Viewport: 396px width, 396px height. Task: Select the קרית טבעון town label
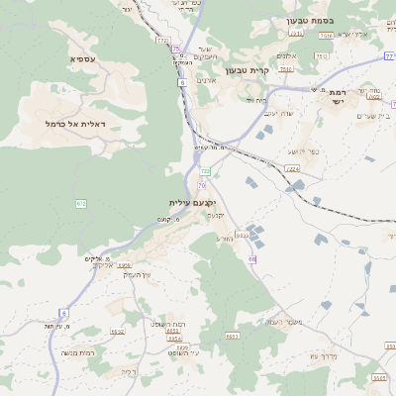click(247, 70)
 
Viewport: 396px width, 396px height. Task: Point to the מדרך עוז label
click(325, 355)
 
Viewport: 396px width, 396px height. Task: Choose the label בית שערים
click(372, 116)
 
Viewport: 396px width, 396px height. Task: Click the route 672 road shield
click(81, 204)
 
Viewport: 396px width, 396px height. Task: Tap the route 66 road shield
click(252, 259)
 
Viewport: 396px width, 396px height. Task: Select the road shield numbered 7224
click(292, 168)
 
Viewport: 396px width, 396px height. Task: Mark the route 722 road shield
click(206, 171)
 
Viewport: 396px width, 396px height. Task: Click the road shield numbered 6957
click(125, 265)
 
